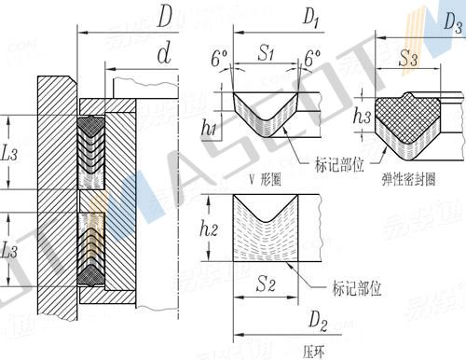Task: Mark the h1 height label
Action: tap(210, 128)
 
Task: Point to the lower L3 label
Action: tap(11, 249)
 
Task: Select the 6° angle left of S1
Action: tap(219, 59)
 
